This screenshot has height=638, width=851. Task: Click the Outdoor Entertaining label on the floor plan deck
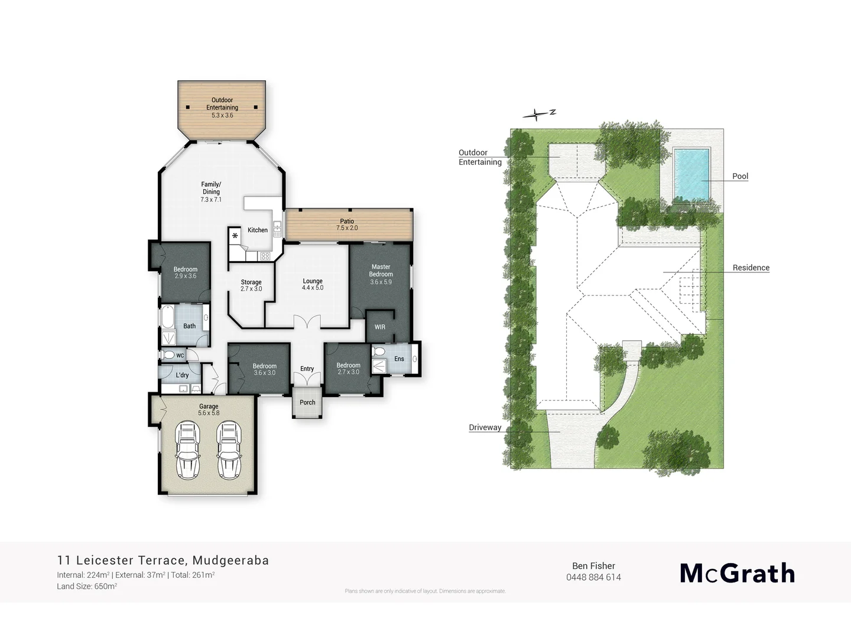pyautogui.click(x=222, y=108)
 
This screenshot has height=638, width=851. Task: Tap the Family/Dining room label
pyautogui.click(x=211, y=192)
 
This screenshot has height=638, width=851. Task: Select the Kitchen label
pyautogui.click(x=258, y=230)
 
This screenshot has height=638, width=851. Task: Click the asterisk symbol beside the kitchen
pyautogui.click(x=235, y=236)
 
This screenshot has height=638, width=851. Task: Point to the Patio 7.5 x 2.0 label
pyautogui.click(x=347, y=224)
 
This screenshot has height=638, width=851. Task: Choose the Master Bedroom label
pyautogui.click(x=381, y=274)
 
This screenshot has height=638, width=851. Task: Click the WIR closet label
pyautogui.click(x=380, y=327)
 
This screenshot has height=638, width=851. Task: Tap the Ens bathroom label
pyautogui.click(x=399, y=359)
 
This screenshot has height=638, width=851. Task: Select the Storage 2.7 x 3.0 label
pyautogui.click(x=251, y=285)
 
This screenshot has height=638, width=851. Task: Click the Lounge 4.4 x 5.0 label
pyautogui.click(x=313, y=284)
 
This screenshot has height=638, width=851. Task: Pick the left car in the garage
pyautogui.click(x=188, y=450)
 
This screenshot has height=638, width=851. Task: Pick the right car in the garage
pyautogui.click(x=228, y=450)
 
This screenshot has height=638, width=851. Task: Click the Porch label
pyautogui.click(x=307, y=402)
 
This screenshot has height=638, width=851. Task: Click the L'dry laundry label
pyautogui.click(x=182, y=375)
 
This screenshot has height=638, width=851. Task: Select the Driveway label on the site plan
pyautogui.click(x=485, y=427)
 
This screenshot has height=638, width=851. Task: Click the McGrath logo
pyautogui.click(x=737, y=573)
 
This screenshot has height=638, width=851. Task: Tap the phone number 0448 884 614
pyautogui.click(x=593, y=577)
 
